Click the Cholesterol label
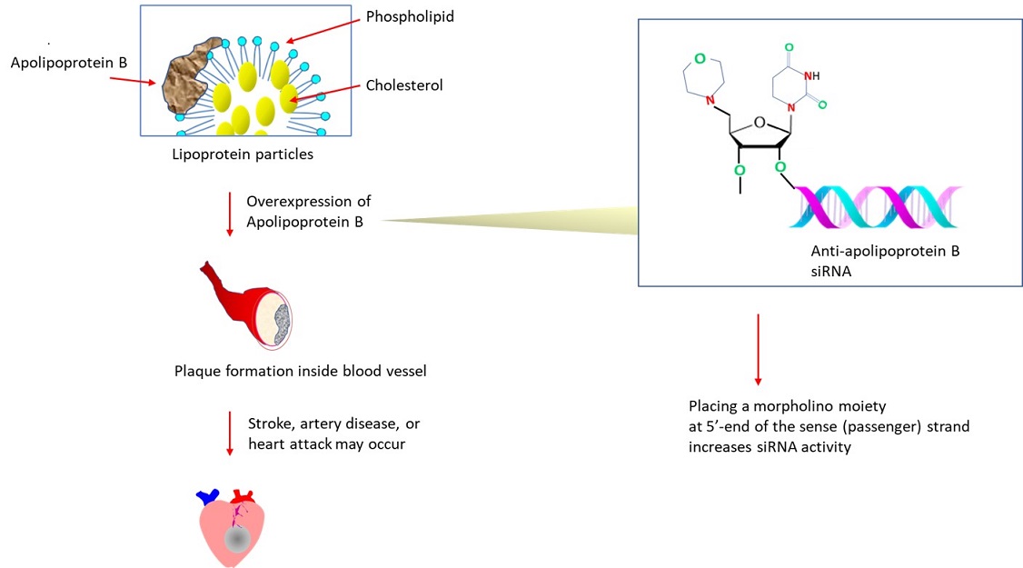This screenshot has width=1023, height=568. click(x=404, y=85)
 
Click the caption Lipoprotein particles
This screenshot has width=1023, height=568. click(x=243, y=154)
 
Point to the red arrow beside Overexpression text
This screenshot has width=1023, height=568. click(x=230, y=214)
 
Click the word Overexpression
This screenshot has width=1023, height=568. click(x=309, y=201)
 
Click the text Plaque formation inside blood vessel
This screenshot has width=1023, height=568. click(x=300, y=371)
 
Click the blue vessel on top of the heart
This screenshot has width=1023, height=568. click(x=208, y=496)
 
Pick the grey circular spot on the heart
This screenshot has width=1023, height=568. click(x=238, y=540)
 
